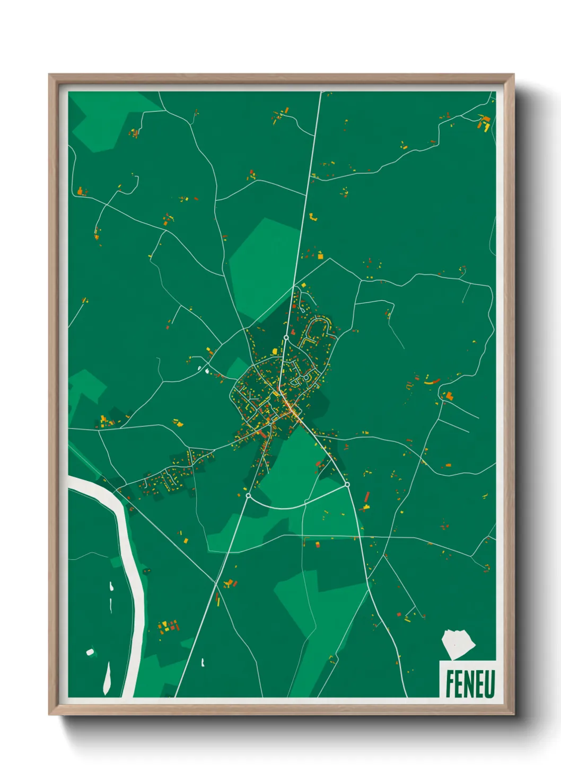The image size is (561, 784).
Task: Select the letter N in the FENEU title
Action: pyautogui.click(x=469, y=684)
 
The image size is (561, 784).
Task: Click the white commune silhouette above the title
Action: pyautogui.click(x=458, y=644)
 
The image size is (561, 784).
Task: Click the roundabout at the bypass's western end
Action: pyautogui.click(x=248, y=496)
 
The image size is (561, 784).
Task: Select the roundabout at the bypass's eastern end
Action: pyautogui.click(x=347, y=484)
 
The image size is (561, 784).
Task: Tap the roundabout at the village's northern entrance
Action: pyautogui.click(x=286, y=337)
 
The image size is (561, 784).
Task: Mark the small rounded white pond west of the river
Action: pyautogui.click(x=90, y=652)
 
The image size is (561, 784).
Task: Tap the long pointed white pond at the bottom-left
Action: pyautogui.click(x=107, y=678)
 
